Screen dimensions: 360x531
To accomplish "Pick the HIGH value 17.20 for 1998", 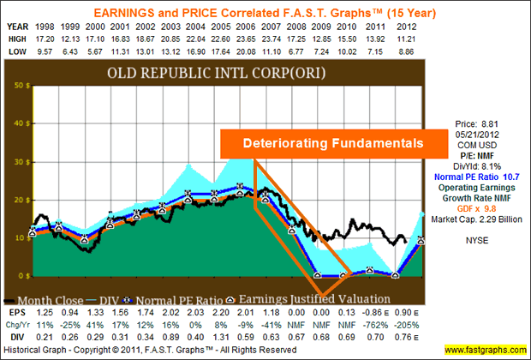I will pyautogui.click(x=55, y=39).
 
